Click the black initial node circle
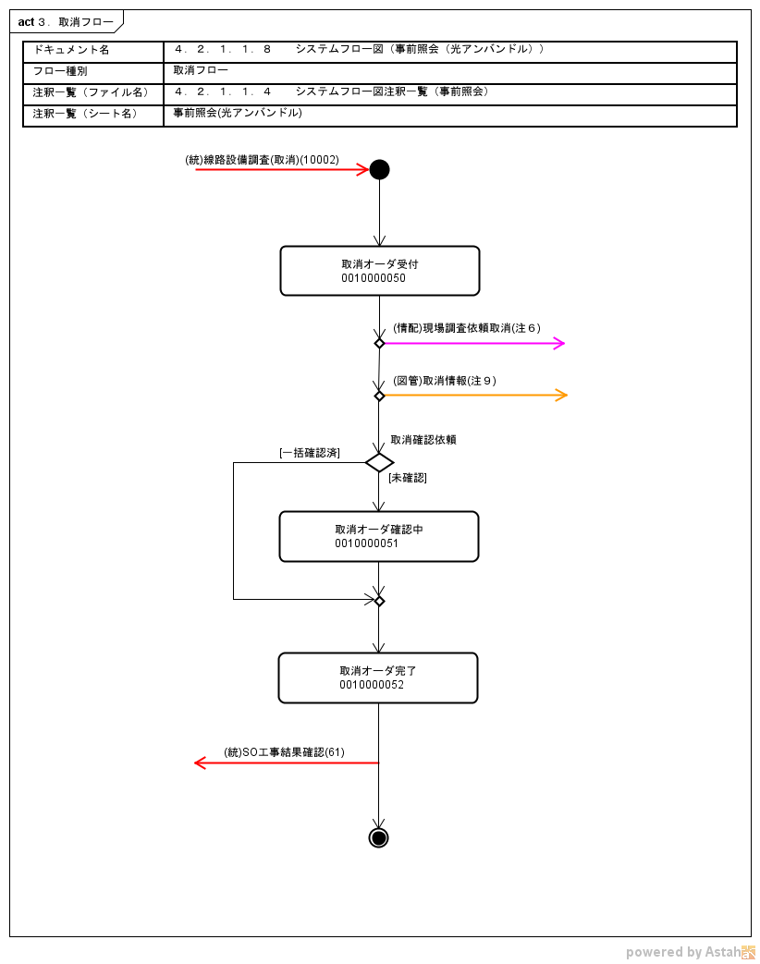[379, 169]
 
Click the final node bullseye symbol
[378, 837]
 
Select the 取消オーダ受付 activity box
[379, 270]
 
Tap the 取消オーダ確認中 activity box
[378, 536]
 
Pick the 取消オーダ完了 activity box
[378, 677]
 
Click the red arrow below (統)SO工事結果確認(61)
[287, 763]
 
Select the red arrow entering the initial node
[282, 170]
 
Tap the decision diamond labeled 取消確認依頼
[379, 462]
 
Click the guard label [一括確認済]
[309, 453]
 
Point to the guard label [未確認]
[408, 478]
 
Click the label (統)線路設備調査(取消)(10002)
[263, 160]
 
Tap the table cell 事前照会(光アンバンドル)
[238, 113]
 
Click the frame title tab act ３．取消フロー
[66, 21]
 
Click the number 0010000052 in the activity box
[372, 685]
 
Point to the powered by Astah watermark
[690, 952]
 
